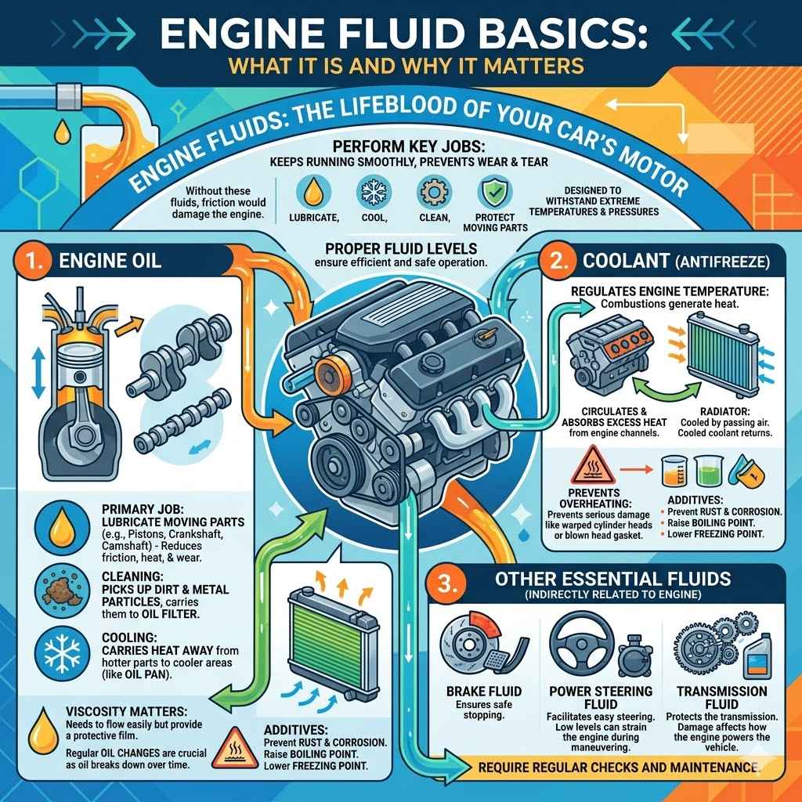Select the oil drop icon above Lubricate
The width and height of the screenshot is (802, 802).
pyautogui.click(x=312, y=192)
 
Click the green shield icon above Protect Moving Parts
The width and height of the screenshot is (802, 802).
pyautogui.click(x=492, y=192)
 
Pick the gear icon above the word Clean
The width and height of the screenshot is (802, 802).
pyautogui.click(x=432, y=192)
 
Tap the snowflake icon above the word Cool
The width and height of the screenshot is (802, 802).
pyautogui.click(x=372, y=192)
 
